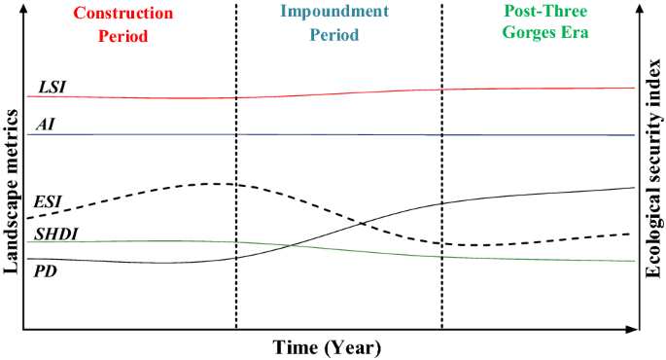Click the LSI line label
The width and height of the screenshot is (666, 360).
point(53,87)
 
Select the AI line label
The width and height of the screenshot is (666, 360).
point(45,124)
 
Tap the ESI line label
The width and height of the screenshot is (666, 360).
point(48,201)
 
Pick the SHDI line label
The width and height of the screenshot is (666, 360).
point(55,234)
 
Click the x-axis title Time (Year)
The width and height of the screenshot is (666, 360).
point(326,347)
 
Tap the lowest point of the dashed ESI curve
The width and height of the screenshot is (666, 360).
point(486,245)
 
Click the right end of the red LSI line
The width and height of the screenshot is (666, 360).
point(634,88)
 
